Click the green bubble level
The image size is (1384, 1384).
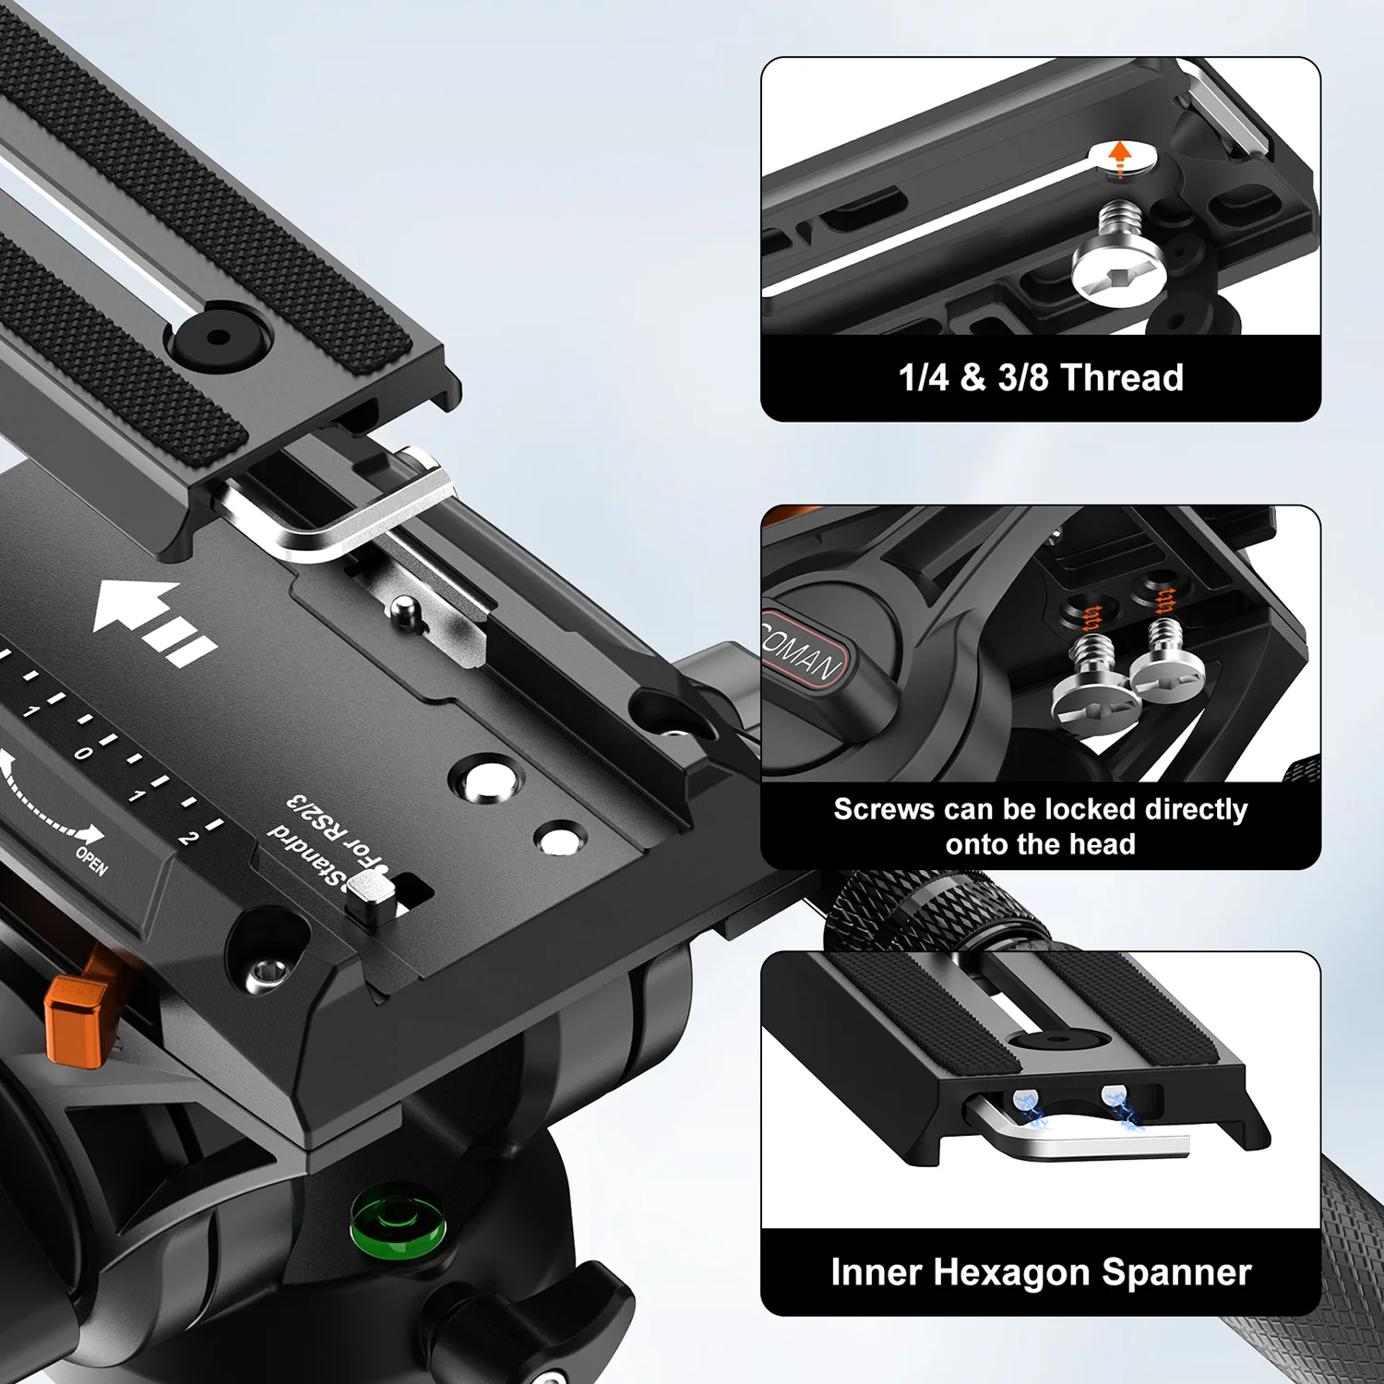(x=398, y=1223)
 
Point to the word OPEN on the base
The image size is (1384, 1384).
(x=91, y=861)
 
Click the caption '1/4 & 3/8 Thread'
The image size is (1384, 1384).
(x=1041, y=377)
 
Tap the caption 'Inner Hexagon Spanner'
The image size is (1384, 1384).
(x=1041, y=1272)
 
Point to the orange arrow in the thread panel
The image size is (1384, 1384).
(x=1120, y=157)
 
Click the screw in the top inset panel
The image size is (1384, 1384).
(x=1119, y=259)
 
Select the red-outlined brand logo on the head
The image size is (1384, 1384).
(x=803, y=650)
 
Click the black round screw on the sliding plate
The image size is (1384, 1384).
(x=218, y=338)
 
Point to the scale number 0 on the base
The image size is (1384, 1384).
(x=83, y=753)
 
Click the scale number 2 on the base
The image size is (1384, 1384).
(x=187, y=837)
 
